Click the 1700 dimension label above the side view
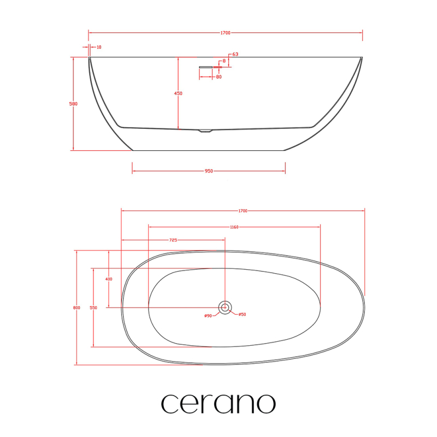pyautogui.click(x=225, y=33)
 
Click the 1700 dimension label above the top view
pyautogui.click(x=243, y=211)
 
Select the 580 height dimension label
pyautogui.click(x=73, y=104)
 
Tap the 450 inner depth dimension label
pyautogui.click(x=178, y=93)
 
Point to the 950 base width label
pyautogui.click(x=209, y=171)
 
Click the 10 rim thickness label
pyautogui.click(x=99, y=47)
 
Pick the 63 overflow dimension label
pyautogui.click(x=235, y=54)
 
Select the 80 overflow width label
pyautogui.click(x=219, y=77)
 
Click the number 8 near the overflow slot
pyautogui.click(x=224, y=61)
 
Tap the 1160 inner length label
pyautogui.click(x=234, y=227)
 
